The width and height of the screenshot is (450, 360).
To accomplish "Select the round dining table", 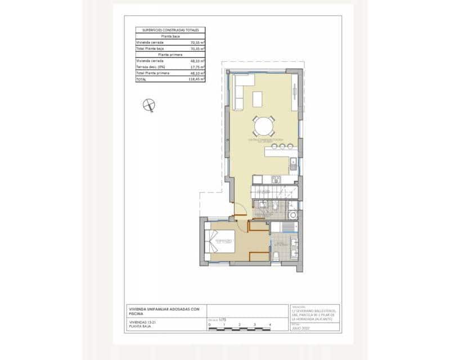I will (x=263, y=125).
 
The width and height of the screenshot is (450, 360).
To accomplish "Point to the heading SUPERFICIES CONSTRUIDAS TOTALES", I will (x=170, y=30).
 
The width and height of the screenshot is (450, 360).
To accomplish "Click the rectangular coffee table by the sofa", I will (x=258, y=99).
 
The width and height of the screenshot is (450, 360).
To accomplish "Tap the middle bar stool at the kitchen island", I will (x=282, y=146).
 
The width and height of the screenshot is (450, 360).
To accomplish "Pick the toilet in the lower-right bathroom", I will (x=277, y=256).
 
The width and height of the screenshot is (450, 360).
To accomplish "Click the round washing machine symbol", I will (x=292, y=215).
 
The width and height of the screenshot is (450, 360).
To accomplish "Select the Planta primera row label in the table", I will (x=170, y=55).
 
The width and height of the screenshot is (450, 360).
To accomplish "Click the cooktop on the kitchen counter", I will (x=276, y=180).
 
